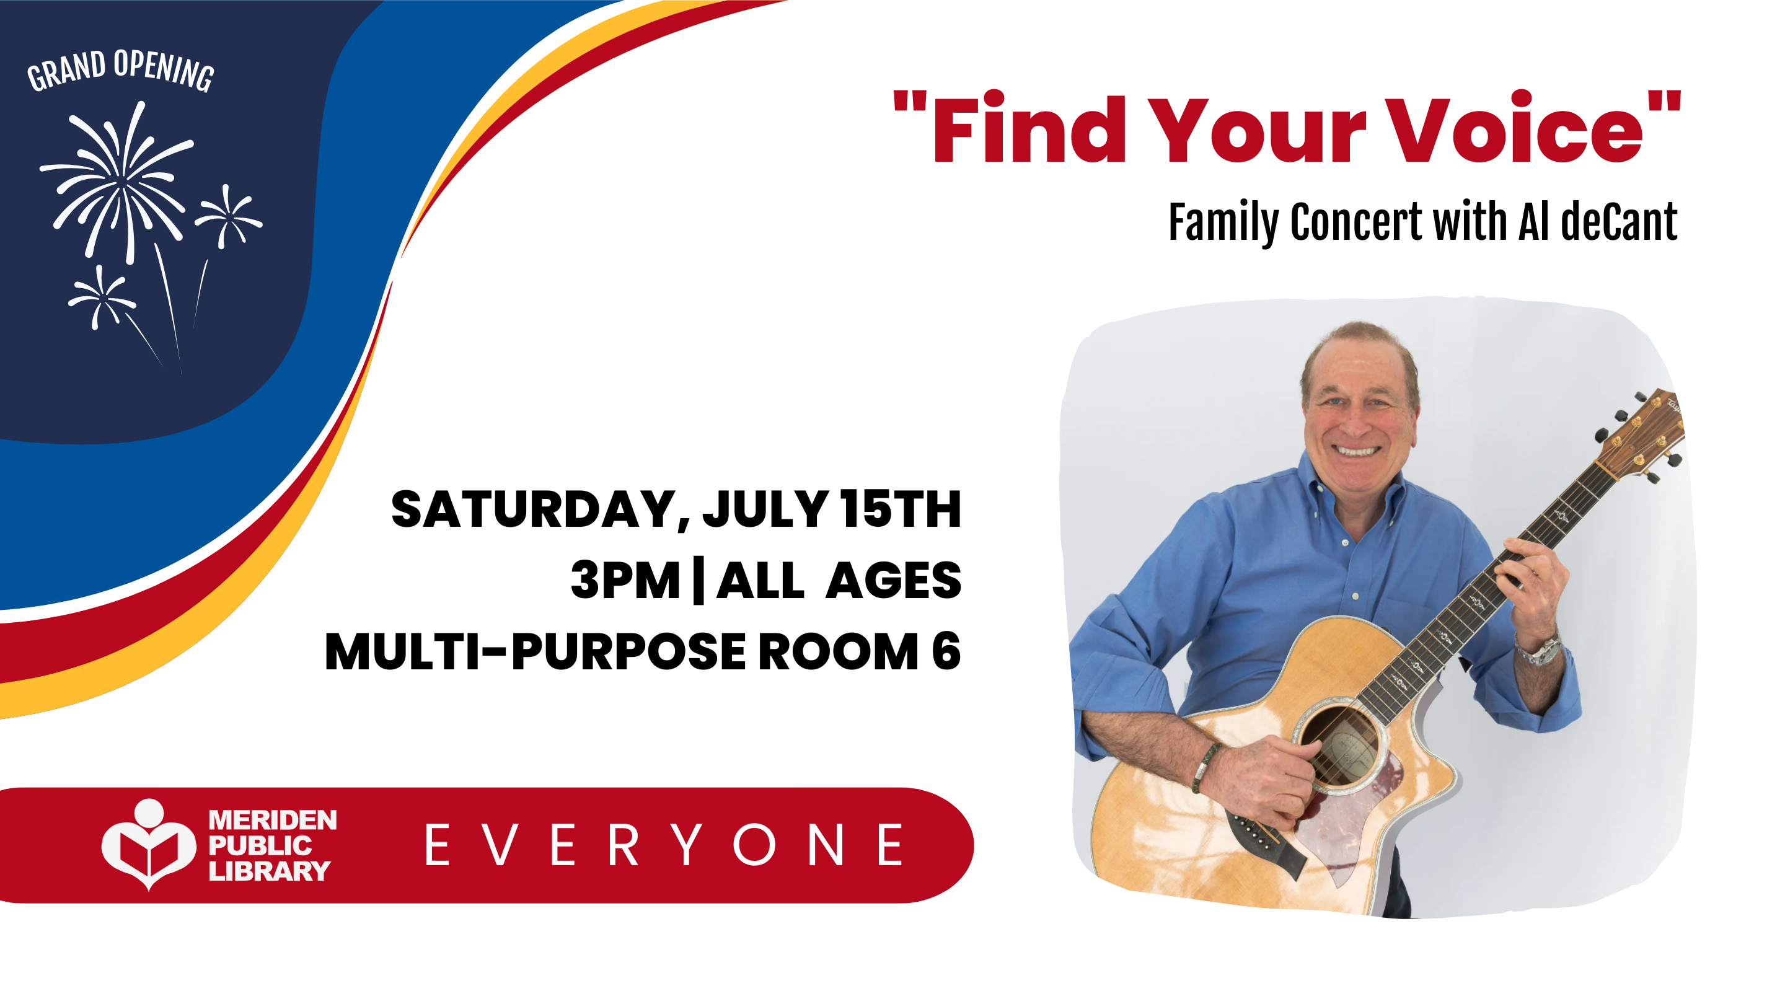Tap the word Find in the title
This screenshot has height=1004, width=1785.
[1028, 129]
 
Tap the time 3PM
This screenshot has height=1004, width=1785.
[625, 581]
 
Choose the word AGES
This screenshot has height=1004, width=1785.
[894, 581]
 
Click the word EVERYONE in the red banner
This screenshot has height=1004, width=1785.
[664, 845]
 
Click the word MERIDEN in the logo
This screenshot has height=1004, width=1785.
[272, 821]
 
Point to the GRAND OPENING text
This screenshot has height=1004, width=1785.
[121, 70]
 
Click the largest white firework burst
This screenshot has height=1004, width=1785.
[122, 182]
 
